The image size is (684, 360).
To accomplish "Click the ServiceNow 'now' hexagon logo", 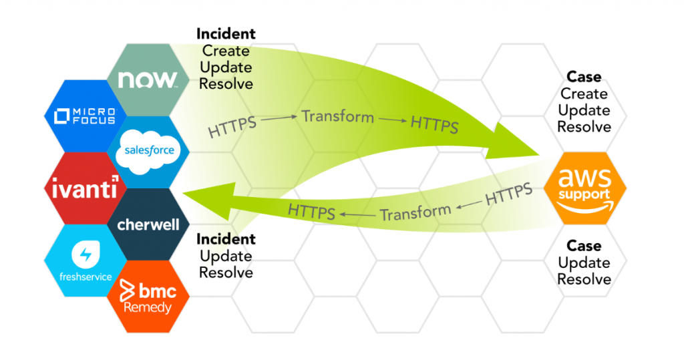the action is (148, 80).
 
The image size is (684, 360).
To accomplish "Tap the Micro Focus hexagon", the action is (85, 116).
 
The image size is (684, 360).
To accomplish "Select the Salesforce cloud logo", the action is (148, 152).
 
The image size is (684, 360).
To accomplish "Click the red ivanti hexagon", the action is (85, 188).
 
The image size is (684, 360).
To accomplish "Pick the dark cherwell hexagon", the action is (148, 224).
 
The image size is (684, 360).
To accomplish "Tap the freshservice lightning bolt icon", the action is (85, 254).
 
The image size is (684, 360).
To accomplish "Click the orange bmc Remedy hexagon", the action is (148, 297).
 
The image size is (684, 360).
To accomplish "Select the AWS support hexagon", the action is (585, 188).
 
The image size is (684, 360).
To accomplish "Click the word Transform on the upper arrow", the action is (337, 116).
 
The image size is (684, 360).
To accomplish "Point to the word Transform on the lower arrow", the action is (415, 212).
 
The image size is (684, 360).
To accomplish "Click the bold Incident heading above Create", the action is (226, 33).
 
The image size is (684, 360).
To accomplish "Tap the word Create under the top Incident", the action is (226, 51).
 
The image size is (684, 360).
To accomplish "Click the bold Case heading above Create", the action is (584, 77).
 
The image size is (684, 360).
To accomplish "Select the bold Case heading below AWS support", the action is (584, 246).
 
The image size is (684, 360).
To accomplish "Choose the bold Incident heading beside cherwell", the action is (226, 239).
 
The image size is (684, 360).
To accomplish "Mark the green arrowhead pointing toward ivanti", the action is (209, 200).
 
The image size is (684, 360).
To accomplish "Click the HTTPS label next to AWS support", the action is (508, 194).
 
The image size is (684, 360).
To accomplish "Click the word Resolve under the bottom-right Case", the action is (584, 279).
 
